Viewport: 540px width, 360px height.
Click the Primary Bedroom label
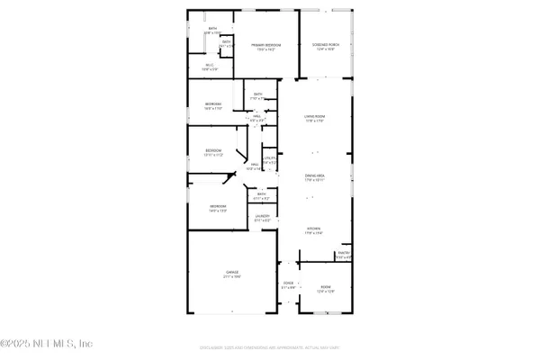265,45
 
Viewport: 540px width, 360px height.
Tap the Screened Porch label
326,45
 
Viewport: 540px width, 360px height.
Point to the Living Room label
314,116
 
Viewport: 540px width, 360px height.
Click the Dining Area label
314,176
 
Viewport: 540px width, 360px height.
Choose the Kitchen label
314,229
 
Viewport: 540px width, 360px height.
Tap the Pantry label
343,253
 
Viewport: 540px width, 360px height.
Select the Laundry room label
262,216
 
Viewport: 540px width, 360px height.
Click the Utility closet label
268,158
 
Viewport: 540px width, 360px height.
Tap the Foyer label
289,283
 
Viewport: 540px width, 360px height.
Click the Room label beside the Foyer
326,287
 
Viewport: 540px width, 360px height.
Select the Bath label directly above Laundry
262,193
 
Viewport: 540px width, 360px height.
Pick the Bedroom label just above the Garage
218,206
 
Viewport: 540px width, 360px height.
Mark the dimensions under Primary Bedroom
265,49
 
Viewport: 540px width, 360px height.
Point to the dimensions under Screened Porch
326,49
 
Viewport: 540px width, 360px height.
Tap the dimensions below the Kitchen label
314,233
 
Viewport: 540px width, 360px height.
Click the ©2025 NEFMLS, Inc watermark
47,343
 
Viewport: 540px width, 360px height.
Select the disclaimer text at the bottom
270,347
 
